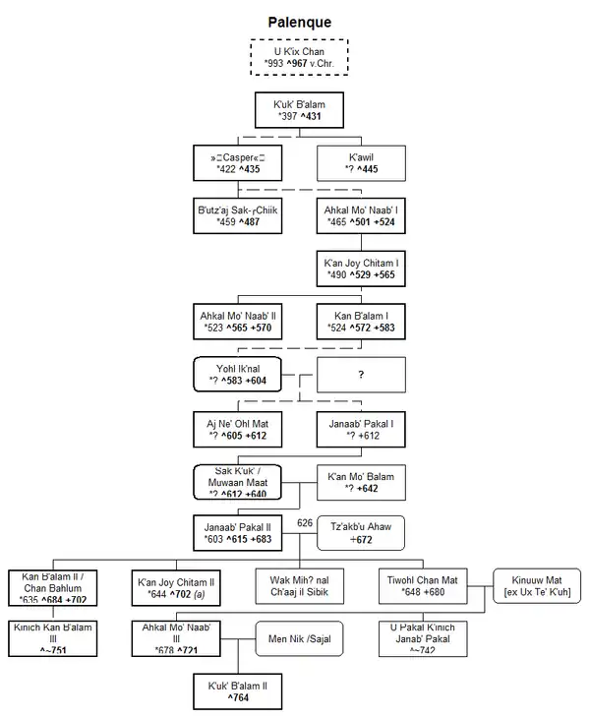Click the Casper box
pos(237,162)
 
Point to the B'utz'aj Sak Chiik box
pos(237,215)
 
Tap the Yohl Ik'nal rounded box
pos(237,374)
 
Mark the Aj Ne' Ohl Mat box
pos(237,428)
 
